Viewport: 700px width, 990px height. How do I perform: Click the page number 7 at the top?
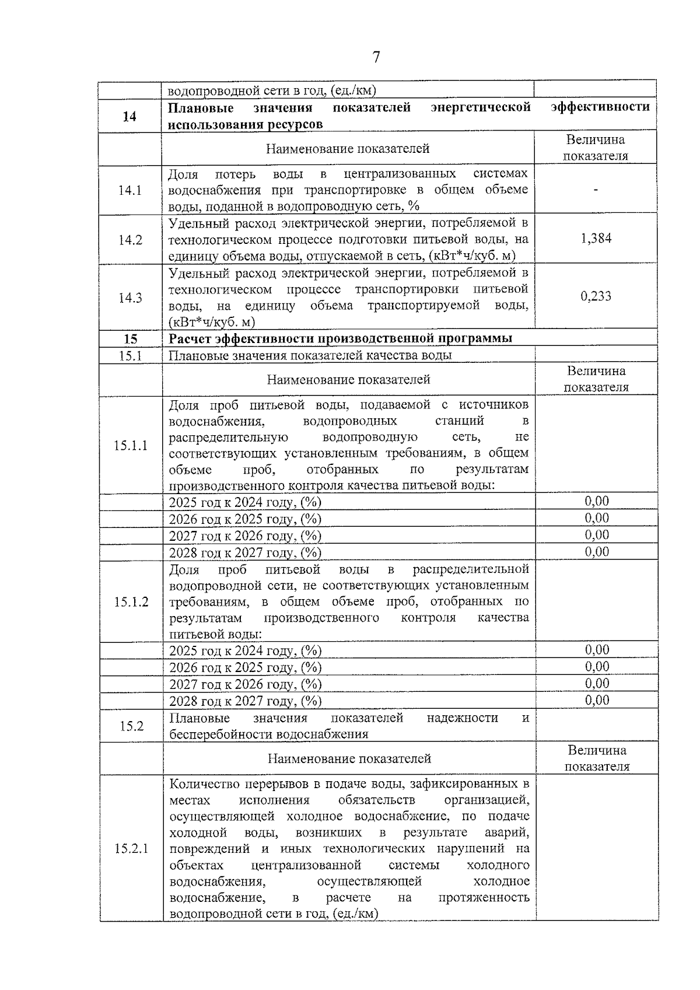point(376,57)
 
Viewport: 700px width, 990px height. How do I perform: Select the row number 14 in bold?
point(129,116)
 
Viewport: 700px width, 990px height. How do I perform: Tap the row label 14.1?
point(129,190)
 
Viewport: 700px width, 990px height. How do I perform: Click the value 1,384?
point(596,239)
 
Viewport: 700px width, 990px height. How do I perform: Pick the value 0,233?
point(596,296)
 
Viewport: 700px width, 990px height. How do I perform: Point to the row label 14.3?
point(130,298)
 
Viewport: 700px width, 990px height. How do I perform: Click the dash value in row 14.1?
point(596,190)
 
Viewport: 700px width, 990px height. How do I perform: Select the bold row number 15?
point(131,339)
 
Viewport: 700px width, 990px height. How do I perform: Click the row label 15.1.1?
point(131,446)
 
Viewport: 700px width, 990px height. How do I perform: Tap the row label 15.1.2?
point(131,602)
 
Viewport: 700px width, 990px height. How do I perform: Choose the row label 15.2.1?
point(131,849)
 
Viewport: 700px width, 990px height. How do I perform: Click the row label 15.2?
point(131,726)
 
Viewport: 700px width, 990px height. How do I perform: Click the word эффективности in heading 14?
point(600,107)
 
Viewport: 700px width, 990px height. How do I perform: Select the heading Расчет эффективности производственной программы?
point(341,339)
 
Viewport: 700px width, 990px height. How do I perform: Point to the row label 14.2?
point(130,240)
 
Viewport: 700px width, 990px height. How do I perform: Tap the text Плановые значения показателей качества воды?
point(310,355)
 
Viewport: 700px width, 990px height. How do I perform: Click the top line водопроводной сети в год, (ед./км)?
point(272,90)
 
